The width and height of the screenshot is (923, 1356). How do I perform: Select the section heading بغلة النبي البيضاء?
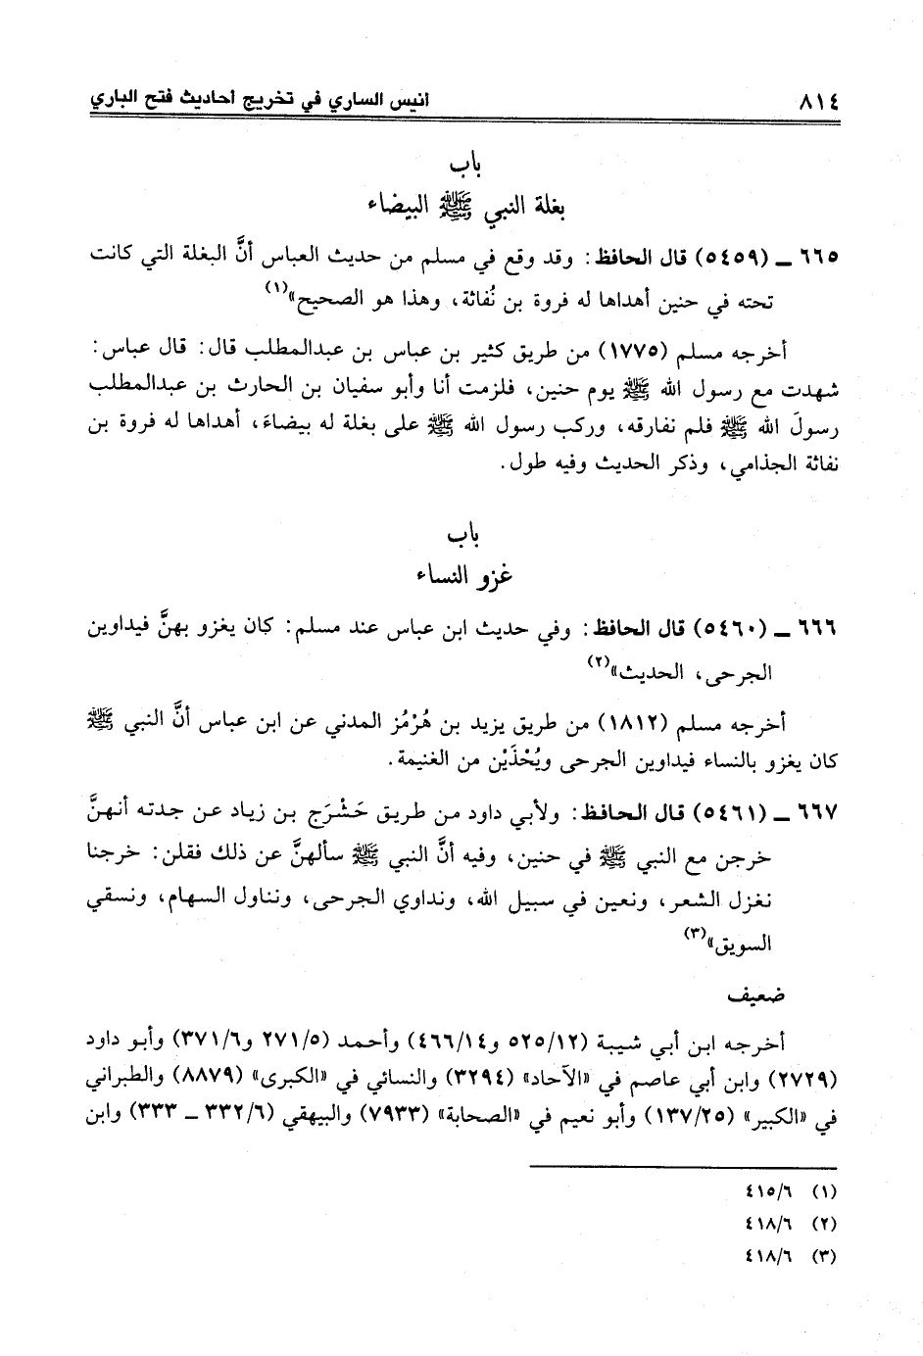pos(461,207)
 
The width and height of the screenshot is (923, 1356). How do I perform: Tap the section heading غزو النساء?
pos(461,576)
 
